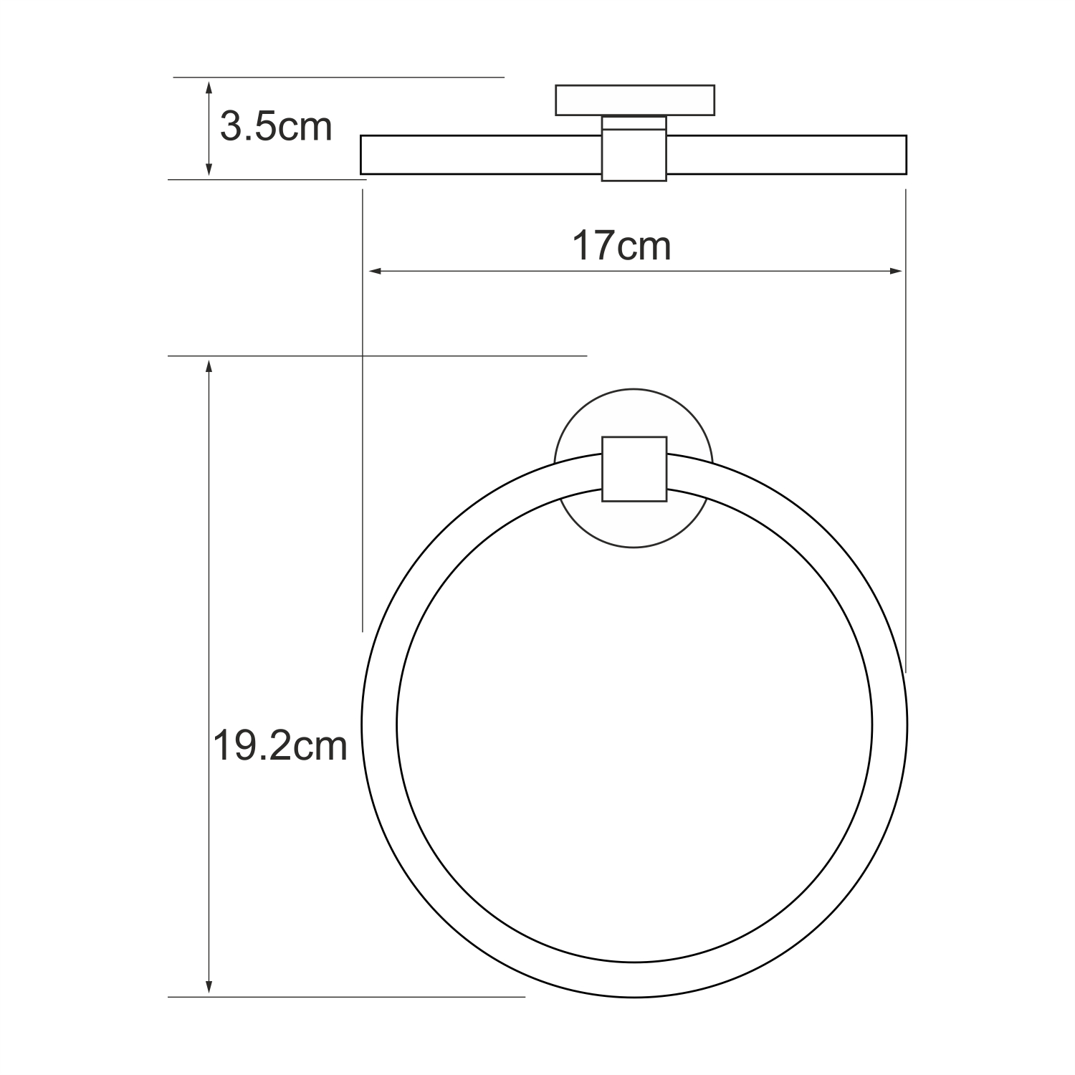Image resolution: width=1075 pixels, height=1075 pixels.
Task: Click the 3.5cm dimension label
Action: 276,128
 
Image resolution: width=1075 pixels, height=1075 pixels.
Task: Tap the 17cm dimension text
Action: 621,246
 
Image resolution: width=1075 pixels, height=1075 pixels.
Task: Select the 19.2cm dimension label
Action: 280,747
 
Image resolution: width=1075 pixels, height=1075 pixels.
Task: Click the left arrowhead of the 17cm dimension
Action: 373,271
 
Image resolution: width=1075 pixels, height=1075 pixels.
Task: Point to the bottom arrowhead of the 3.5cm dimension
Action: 209,170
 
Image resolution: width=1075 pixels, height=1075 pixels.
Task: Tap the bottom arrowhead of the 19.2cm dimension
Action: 209,988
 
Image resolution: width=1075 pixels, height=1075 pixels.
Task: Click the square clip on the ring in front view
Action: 634,469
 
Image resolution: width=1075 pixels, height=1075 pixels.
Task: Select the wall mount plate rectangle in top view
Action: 635,100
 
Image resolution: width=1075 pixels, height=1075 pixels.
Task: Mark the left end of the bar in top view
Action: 363,155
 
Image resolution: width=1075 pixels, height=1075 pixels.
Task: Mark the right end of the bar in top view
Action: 905,155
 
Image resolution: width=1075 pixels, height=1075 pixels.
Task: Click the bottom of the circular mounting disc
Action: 634,546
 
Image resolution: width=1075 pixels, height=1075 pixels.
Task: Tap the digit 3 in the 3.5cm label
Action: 231,128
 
